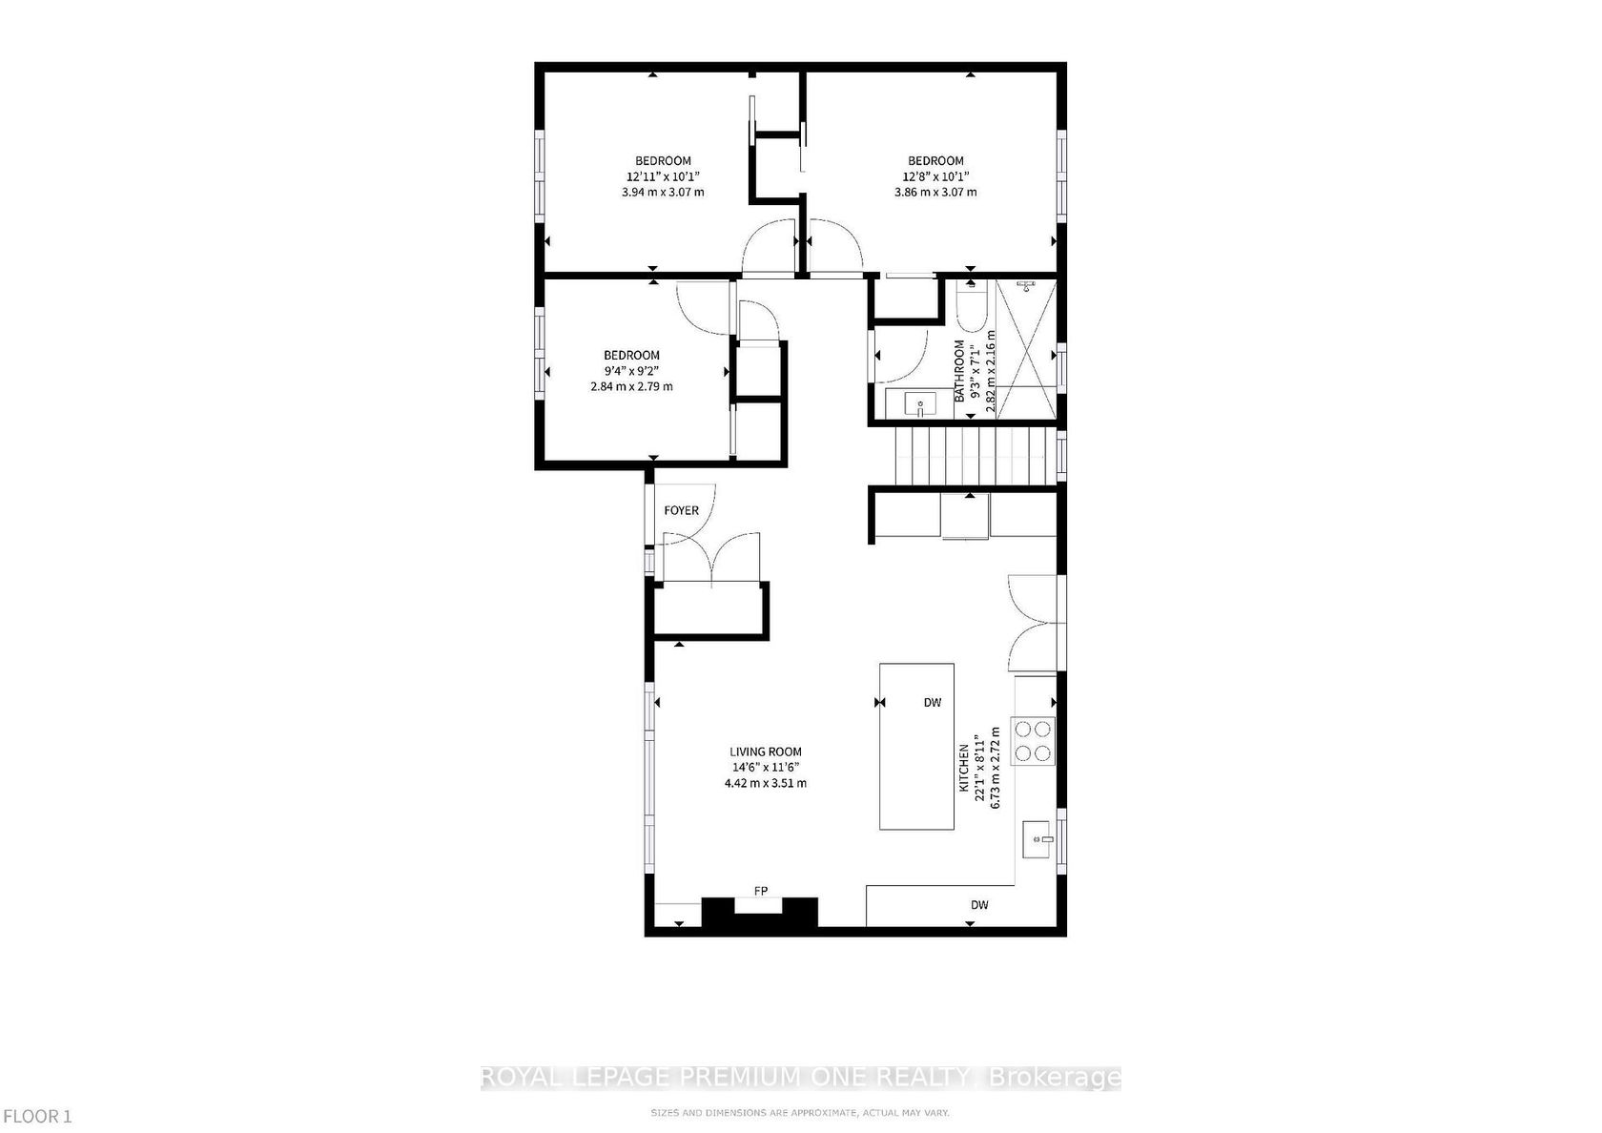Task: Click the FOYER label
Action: point(681,511)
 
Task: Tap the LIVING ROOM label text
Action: point(765,752)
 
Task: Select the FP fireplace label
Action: point(761,891)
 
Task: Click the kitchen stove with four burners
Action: point(1034,741)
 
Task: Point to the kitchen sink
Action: point(1037,839)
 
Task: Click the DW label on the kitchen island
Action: point(933,702)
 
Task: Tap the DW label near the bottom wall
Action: point(980,905)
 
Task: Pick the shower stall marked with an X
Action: point(1026,349)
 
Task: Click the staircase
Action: point(976,456)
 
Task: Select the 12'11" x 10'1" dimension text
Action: point(663,175)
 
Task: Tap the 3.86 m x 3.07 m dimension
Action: point(935,192)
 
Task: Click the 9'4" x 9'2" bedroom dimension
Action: point(631,370)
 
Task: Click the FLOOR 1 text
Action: point(38,1117)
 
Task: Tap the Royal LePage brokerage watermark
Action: point(801,1078)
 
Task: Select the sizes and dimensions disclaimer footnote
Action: point(800,1113)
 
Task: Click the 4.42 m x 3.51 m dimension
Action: point(765,783)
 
